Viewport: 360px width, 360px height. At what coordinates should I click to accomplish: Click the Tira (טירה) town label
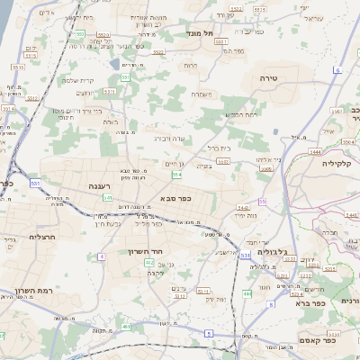point(269,78)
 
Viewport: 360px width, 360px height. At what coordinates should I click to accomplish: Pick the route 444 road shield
point(247,294)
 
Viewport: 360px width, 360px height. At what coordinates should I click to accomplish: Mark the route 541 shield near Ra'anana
point(107,197)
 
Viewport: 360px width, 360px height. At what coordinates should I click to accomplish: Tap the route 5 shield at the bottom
point(210,334)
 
